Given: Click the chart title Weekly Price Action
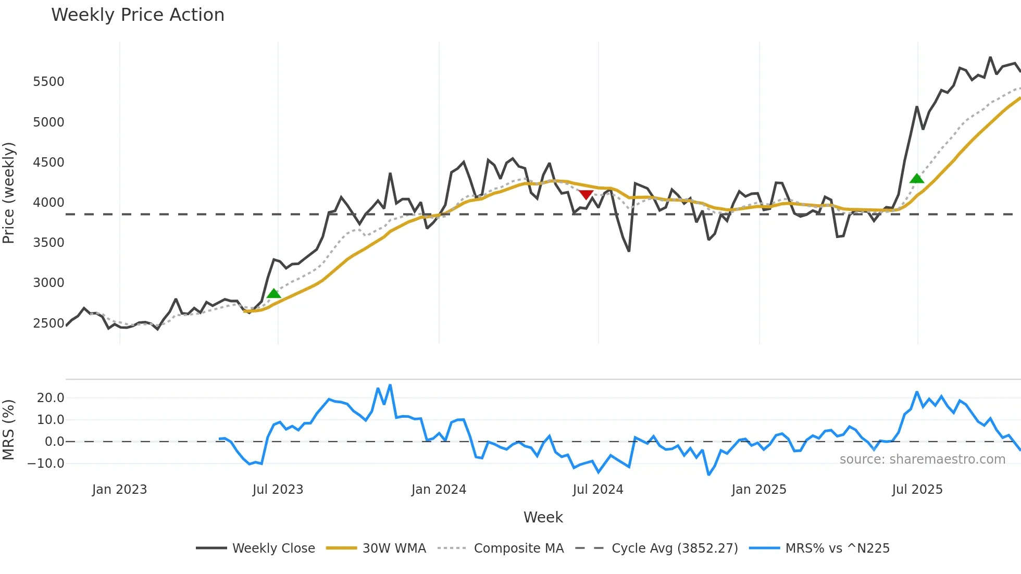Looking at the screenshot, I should pos(138,15).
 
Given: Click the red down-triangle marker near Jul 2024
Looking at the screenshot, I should pos(586,195).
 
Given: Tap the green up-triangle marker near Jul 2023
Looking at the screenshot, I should pos(273,294).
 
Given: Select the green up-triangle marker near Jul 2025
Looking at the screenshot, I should pos(917,179).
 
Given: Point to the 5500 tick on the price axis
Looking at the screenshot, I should pos(48,82).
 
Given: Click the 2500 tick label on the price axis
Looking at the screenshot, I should pos(48,323).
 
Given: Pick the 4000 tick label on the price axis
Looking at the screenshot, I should pos(48,203).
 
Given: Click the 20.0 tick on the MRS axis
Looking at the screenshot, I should pos(50,398).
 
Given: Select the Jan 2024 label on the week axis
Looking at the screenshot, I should pos(439,490).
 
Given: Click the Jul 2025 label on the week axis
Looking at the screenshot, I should pos(917,490).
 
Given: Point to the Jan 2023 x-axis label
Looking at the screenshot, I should pos(119,490).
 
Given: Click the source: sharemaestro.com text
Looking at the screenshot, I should pos(922,459).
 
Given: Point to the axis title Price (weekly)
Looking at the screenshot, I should pos(9,193).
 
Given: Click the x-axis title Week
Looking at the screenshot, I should pos(543,517).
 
